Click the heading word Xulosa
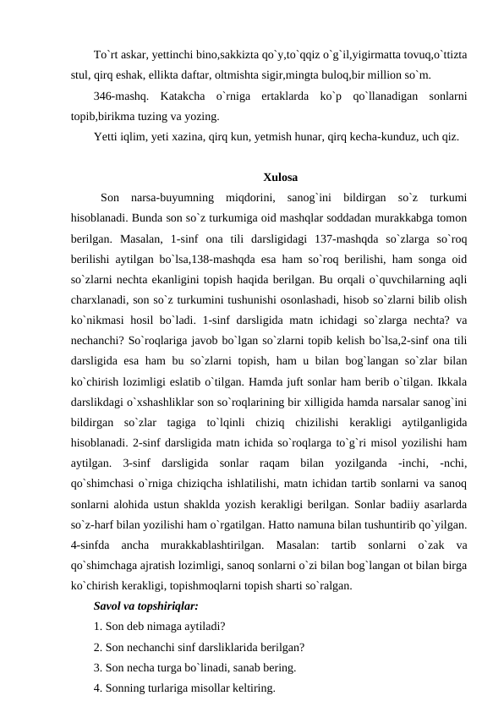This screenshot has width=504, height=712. pos(280,178)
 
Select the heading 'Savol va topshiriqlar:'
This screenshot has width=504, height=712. pos(146,606)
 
